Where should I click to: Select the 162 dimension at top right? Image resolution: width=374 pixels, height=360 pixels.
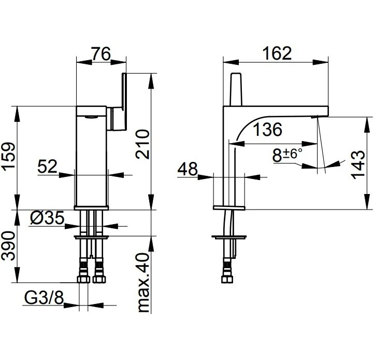pos(277,53)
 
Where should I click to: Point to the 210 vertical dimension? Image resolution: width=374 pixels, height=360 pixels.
pos(142,144)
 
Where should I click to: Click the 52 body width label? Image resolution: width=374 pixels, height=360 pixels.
pos(48,166)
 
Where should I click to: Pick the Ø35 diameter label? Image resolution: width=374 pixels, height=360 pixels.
pos(48,218)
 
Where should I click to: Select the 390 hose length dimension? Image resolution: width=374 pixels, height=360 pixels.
pos(9,246)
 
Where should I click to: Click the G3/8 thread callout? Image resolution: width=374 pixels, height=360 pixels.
pos(44,297)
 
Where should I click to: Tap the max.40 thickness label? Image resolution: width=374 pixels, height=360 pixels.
pos(144,283)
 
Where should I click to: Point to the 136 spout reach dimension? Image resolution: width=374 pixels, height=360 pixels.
pos(267,130)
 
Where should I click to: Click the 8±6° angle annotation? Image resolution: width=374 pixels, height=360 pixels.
pos(287,155)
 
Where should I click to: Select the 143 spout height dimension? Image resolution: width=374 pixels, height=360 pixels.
pos(358,165)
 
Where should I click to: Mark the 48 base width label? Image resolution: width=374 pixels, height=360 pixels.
pos(188,169)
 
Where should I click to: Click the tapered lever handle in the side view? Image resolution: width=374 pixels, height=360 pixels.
pos(236,89)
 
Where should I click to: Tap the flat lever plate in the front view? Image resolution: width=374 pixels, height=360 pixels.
pos(124,101)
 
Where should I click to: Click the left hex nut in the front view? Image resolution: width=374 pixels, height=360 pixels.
pos(83,279)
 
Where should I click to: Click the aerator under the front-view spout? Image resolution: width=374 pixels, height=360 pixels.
pos(91,117)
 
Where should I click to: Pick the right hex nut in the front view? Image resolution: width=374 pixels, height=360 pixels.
pos(99,279)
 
